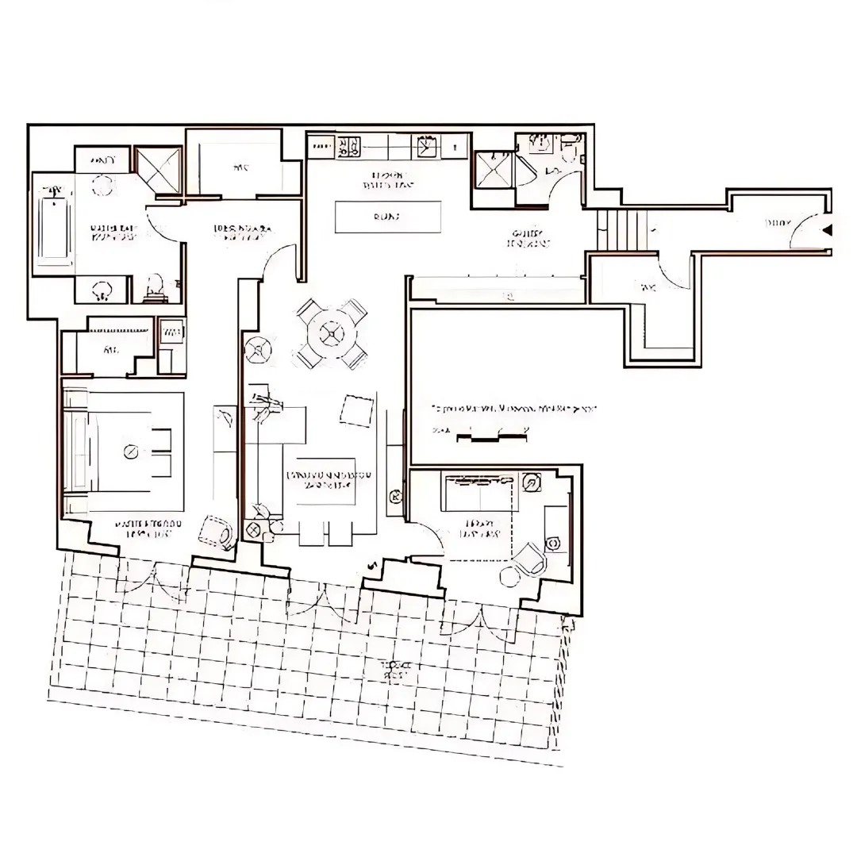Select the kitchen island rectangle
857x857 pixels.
388,217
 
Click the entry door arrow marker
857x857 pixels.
827,231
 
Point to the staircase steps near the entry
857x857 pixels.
623,230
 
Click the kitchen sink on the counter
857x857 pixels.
427,146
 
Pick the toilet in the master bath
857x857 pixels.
156,286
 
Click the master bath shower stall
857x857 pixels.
157,169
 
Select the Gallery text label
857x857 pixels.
528,238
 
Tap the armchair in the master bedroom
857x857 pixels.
217,532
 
